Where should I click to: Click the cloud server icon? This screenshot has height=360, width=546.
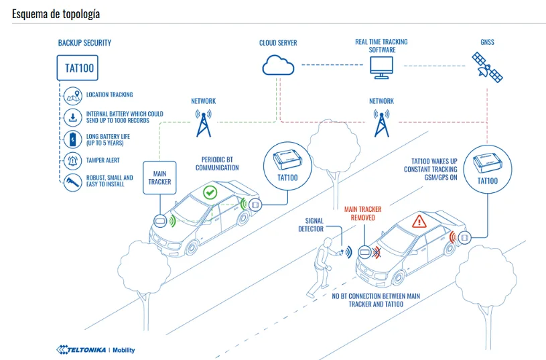coord(278,65)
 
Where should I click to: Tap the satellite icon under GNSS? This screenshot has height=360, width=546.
coord(487,67)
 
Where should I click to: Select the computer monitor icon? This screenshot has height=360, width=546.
coord(381,68)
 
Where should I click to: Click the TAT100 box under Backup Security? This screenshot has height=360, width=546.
coord(77,68)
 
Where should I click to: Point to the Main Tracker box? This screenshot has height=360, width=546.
coord(159,178)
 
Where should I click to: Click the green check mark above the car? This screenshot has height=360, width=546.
coord(210,192)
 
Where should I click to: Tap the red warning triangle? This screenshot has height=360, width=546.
coord(419,222)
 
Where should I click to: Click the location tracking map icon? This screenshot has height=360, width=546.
coord(73,96)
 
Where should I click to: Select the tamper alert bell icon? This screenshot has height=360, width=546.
coord(73,161)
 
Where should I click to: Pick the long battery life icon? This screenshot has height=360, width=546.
coord(73,139)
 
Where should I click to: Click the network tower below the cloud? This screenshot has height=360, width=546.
coord(204,123)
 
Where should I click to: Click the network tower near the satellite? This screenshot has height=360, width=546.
coord(382,123)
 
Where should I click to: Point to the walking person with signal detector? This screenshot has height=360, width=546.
coord(322,267)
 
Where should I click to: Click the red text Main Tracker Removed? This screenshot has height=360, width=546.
coord(363,213)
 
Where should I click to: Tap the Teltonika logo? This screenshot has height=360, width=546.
coord(95,349)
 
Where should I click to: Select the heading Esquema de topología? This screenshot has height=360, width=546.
coord(56,14)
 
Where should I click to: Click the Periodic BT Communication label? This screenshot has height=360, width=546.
coord(217,164)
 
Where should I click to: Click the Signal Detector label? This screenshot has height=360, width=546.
coord(311,225)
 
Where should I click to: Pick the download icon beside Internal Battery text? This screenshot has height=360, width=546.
coord(73,117)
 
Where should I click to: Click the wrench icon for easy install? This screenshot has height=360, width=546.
coord(73,182)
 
